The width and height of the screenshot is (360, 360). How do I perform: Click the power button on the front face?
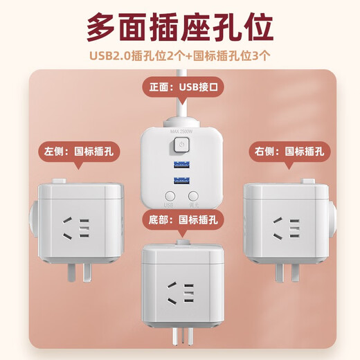[180, 145]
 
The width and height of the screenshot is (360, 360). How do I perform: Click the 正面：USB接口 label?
[180, 88]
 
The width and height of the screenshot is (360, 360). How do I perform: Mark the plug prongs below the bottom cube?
[181, 339]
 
